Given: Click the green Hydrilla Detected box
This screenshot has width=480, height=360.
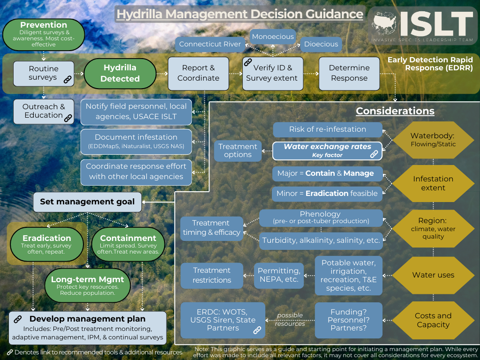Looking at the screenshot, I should (120, 73).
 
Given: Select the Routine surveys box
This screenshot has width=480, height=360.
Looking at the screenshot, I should (44, 73).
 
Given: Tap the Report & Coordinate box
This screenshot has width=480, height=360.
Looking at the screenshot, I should (198, 73).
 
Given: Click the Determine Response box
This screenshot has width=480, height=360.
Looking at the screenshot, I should (349, 73).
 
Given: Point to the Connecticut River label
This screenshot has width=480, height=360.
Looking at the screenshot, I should (210, 45).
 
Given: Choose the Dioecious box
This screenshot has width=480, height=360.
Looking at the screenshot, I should (321, 44).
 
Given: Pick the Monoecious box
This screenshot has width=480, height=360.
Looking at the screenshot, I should (273, 37).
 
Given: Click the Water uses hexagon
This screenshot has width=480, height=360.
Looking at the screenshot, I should (433, 275).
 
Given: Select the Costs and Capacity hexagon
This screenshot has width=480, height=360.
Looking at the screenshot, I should (433, 320).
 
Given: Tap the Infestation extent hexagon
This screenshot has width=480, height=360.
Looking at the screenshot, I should (433, 183).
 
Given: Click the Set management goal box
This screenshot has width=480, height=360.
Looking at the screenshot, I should (87, 202).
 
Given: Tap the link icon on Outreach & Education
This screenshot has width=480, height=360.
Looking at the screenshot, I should (68, 118).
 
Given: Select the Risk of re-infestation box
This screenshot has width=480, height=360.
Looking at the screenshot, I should (327, 129).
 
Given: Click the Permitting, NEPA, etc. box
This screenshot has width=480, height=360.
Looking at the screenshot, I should (278, 275).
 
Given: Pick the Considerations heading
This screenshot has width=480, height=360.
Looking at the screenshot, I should (395, 111).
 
